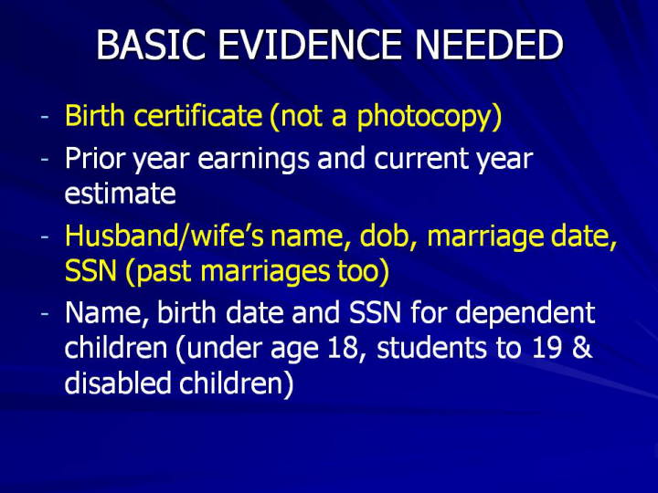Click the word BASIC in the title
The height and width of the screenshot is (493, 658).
coord(151,45)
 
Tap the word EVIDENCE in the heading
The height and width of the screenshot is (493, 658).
coord(310,45)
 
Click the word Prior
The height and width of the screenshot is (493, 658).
coord(94,159)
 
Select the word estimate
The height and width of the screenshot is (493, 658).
coord(120,194)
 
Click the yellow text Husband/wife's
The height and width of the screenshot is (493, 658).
coord(164,236)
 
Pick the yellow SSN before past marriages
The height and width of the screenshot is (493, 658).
coord(90,271)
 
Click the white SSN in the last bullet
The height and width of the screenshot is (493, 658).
coord(375,312)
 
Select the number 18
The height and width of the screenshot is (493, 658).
coord(347,349)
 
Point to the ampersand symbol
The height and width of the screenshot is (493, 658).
coord(581,348)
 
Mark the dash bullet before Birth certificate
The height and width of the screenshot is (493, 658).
coord(45,117)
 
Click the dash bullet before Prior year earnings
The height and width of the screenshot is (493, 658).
coord(45,161)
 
